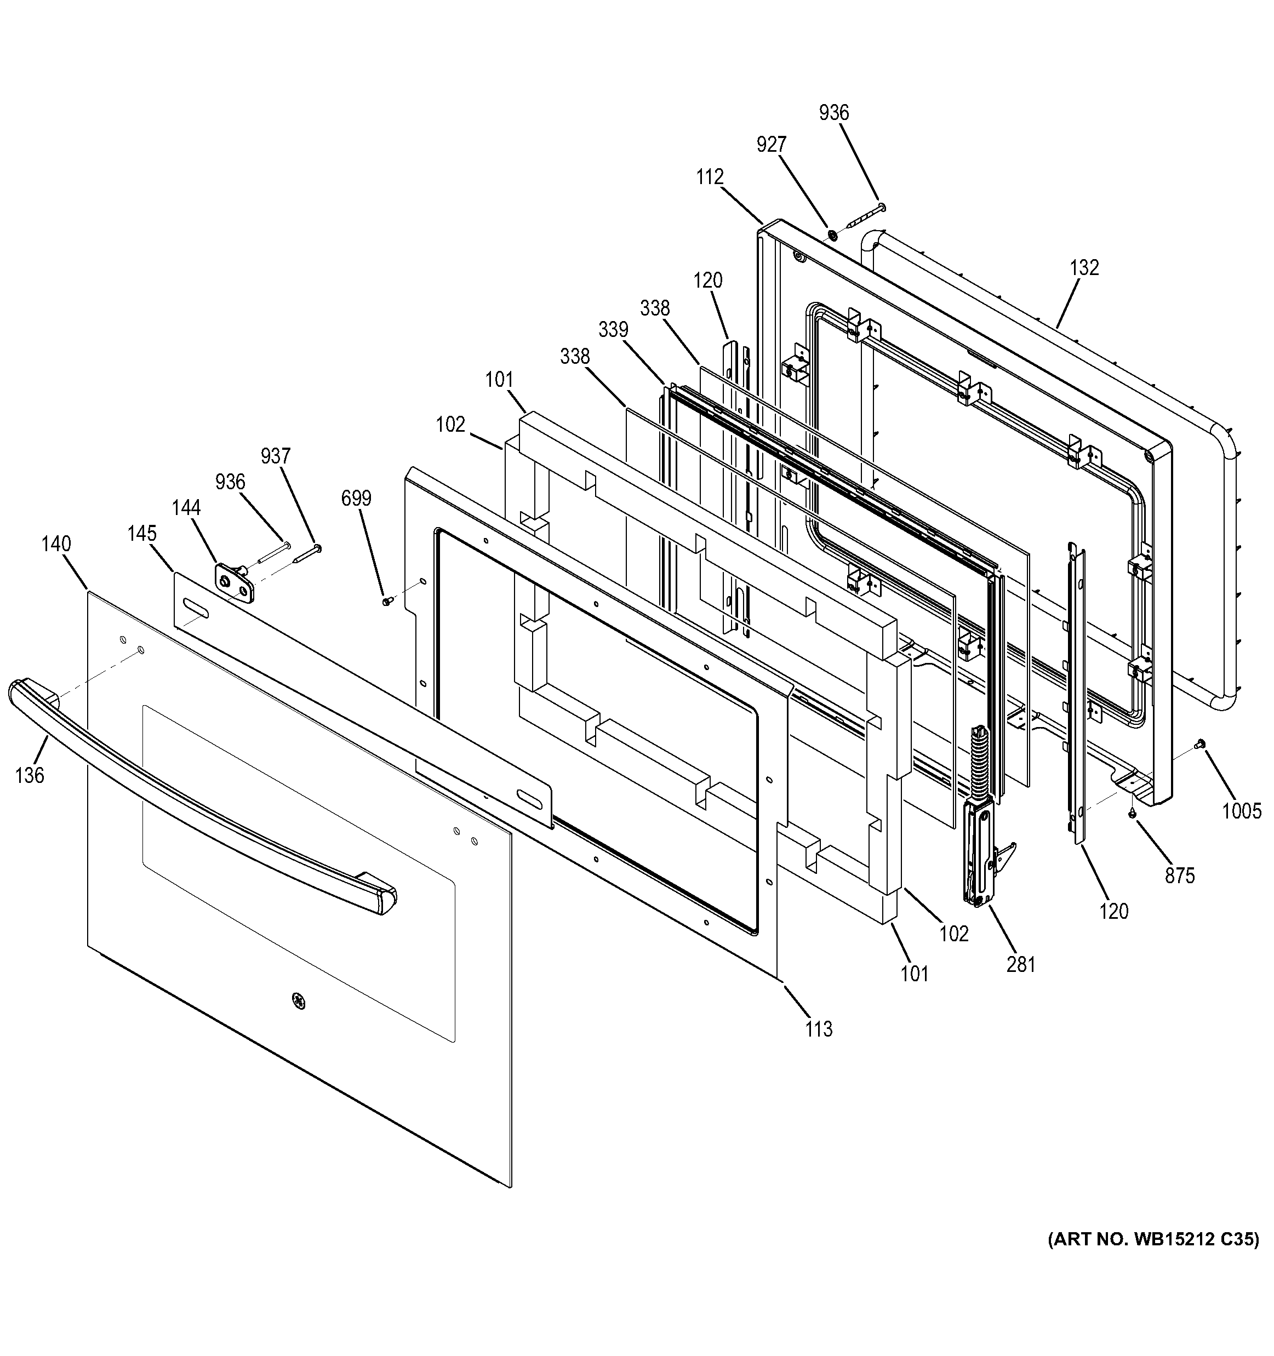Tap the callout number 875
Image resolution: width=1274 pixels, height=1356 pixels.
(1179, 875)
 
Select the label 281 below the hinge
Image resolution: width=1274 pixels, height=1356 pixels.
(1021, 964)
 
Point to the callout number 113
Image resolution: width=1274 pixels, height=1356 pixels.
(819, 1028)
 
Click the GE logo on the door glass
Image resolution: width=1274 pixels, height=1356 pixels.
(298, 1000)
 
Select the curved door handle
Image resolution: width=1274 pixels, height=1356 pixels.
(198, 791)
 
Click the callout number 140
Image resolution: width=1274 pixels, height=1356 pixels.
(56, 543)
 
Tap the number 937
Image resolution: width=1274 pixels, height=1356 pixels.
(276, 456)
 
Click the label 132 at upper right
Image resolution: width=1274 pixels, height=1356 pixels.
(1084, 267)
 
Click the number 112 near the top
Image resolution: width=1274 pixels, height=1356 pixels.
(709, 178)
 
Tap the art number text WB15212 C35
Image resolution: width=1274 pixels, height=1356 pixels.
(1152, 1239)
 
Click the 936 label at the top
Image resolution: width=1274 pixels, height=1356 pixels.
(833, 112)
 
